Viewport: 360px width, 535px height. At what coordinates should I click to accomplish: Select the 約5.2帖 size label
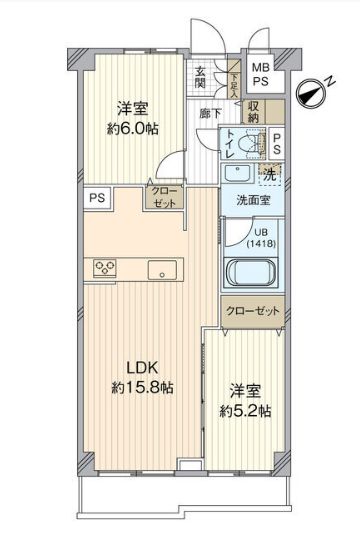pyautogui.click(x=246, y=411)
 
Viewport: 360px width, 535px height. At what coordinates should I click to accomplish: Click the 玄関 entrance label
pyautogui.click(x=201, y=75)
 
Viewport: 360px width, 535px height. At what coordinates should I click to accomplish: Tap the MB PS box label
pyautogui.click(x=259, y=72)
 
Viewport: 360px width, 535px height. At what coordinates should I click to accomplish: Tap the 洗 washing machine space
pyautogui.click(x=269, y=174)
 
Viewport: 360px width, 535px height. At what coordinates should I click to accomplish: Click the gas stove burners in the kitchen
pyautogui.click(x=105, y=267)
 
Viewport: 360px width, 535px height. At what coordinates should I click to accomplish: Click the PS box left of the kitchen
pyautogui.click(x=97, y=198)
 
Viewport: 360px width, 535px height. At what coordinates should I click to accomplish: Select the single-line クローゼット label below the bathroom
pyautogui.click(x=253, y=310)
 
